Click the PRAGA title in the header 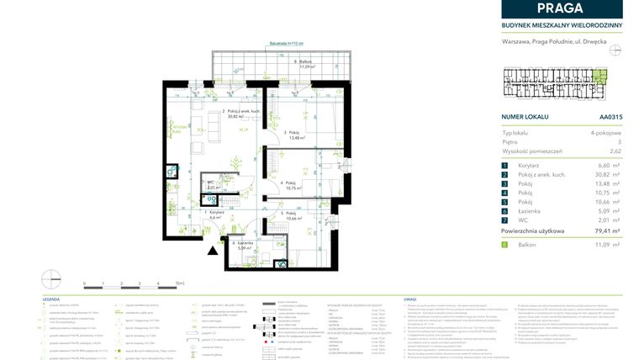(x=562, y=8)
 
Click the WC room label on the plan (x=214, y=186)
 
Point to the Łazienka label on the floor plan (x=244, y=245)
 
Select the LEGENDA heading (x=52, y=299)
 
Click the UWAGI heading (x=410, y=299)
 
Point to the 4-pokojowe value (x=604, y=133)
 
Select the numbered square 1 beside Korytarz (x=504, y=167)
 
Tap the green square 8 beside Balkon (x=504, y=244)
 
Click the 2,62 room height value (x=615, y=151)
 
